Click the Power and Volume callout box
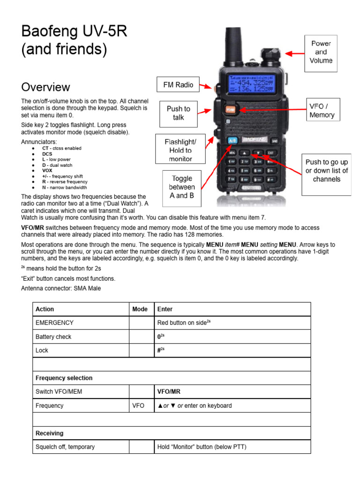321,52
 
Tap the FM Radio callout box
178,85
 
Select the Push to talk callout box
178,113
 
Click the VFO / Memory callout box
322,111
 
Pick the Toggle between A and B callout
182,187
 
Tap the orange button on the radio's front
230,110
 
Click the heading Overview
45,87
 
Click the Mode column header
140,309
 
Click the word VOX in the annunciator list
47,171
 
